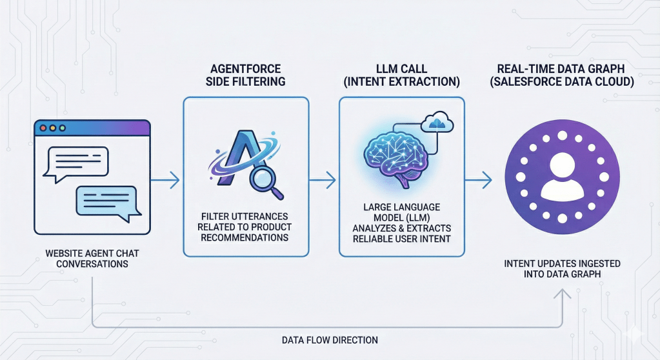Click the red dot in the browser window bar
(x=44, y=128)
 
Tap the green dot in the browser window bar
(x=62, y=128)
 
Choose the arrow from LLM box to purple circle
(x=481, y=181)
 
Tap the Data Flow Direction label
(x=330, y=339)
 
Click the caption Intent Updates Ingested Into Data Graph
(x=563, y=270)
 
